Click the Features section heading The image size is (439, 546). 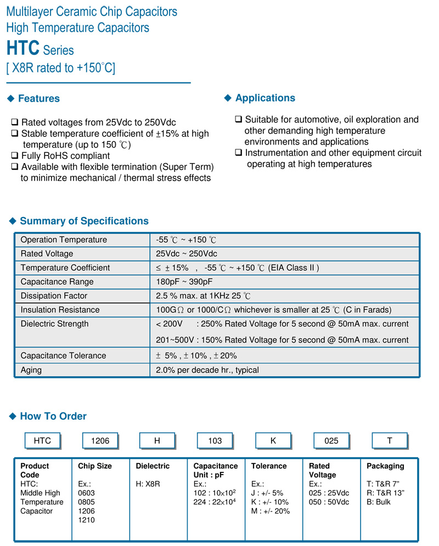click(x=38, y=99)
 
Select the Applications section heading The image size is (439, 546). click(x=265, y=98)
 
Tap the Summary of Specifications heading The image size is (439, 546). click(x=84, y=221)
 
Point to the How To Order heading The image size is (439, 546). click(x=53, y=416)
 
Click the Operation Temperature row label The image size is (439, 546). click(x=64, y=240)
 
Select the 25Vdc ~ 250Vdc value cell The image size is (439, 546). click(x=187, y=254)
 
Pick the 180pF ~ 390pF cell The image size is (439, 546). click(x=184, y=282)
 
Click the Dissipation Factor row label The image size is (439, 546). click(x=54, y=296)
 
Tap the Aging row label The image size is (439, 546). click(x=31, y=370)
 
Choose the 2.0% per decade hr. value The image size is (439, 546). click(x=207, y=370)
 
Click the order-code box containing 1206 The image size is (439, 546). click(x=100, y=441)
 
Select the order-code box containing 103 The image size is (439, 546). click(x=215, y=441)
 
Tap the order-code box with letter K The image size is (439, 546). click(x=273, y=441)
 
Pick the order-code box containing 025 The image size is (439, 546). click(x=331, y=441)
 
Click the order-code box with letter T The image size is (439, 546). click(x=390, y=441)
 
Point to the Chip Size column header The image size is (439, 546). click(x=95, y=466)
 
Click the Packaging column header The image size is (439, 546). click(x=385, y=466)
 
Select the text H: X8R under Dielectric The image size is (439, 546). click(x=148, y=484)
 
